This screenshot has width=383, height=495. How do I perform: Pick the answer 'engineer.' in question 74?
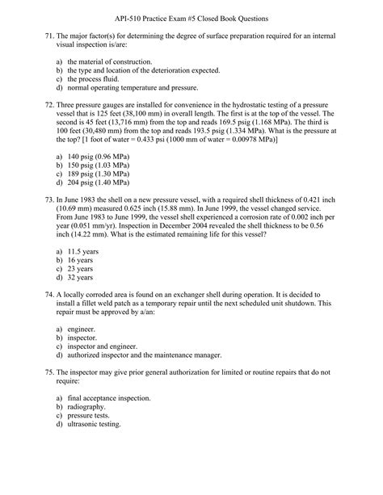click(x=81, y=329)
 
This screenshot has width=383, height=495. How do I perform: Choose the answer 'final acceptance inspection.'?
click(x=110, y=398)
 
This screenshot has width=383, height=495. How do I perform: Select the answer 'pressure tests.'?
click(x=91, y=416)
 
